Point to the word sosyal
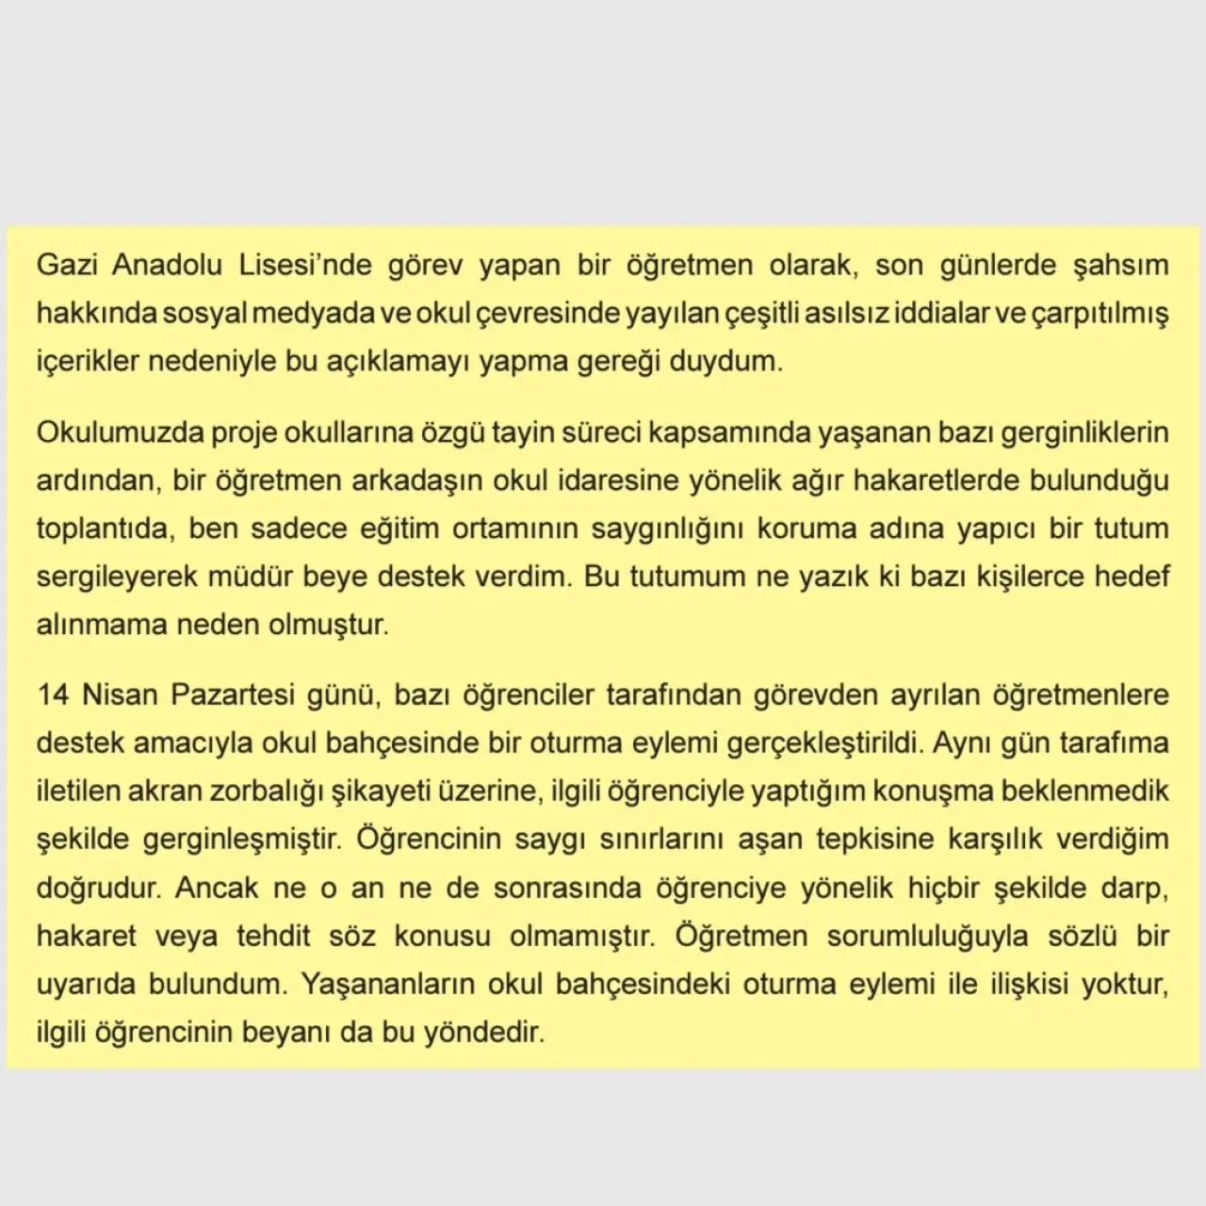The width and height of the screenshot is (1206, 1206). tap(204, 313)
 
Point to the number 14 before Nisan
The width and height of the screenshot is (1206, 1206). tap(54, 695)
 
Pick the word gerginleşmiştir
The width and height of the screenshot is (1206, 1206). tap(240, 839)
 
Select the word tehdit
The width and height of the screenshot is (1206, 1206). tap(273, 936)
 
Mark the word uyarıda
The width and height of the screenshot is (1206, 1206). tap(83, 984)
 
